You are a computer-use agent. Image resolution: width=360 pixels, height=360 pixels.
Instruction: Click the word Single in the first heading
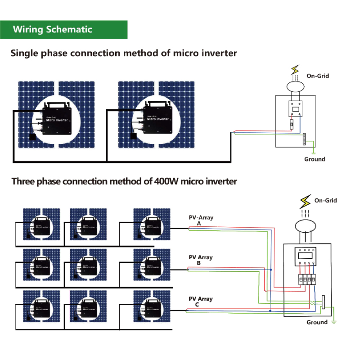(x=26, y=53)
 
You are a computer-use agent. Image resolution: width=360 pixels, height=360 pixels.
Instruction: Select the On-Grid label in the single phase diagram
(x=318, y=76)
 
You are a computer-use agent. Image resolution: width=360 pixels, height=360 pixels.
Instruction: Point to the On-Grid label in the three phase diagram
(x=325, y=200)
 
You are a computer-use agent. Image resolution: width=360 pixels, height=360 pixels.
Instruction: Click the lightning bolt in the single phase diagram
(x=295, y=70)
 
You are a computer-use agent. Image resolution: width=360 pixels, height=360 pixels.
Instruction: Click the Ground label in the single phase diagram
(x=314, y=159)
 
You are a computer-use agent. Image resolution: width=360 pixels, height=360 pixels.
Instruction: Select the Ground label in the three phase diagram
(x=317, y=322)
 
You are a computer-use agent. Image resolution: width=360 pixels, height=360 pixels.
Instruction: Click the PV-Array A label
(x=201, y=220)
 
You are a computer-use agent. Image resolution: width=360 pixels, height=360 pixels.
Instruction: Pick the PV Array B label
(x=200, y=260)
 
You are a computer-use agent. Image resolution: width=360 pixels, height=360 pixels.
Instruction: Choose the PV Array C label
(x=200, y=301)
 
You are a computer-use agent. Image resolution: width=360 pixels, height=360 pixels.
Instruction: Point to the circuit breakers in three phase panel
(x=306, y=279)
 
